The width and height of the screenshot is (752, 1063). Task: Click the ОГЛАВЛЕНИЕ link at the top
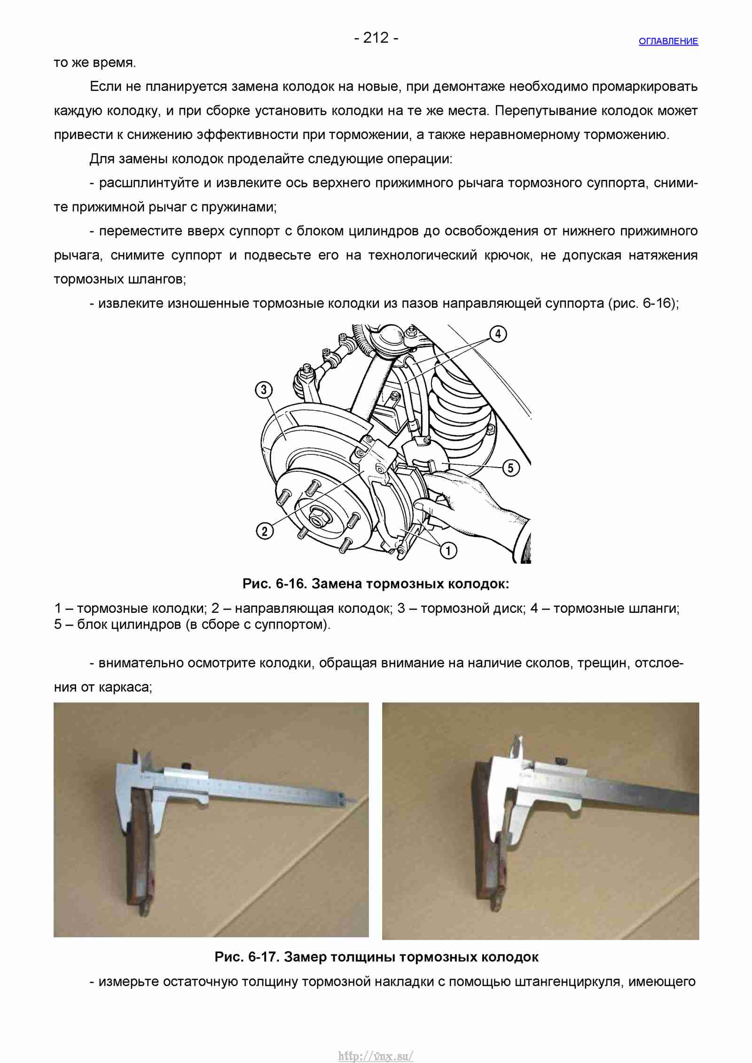click(668, 41)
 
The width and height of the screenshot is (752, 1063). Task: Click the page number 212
click(376, 38)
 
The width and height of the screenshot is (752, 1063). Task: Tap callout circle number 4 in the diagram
click(498, 334)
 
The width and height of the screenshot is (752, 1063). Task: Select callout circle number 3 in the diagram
click(264, 390)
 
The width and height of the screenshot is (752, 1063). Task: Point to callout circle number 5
click(511, 468)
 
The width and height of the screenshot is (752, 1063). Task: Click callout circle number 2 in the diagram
click(265, 531)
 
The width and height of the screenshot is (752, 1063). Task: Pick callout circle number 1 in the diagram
click(448, 550)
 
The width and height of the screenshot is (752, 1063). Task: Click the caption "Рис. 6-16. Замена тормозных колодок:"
click(376, 584)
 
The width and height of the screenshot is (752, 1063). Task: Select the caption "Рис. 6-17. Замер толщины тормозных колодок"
click(376, 956)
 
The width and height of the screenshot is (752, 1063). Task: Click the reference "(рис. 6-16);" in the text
click(643, 304)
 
